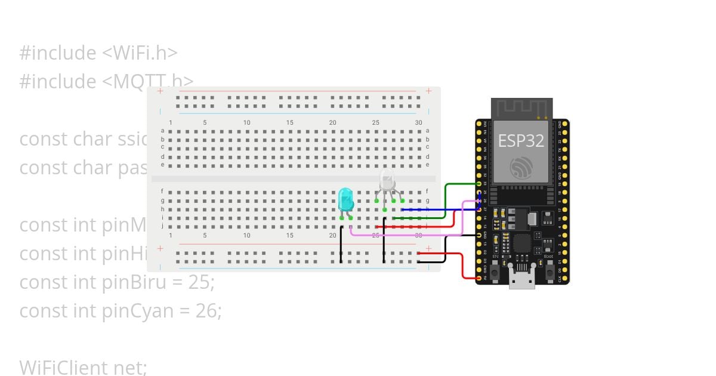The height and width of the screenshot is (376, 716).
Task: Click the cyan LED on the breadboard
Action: coord(345,199)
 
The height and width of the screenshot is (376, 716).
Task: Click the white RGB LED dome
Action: coord(387,179)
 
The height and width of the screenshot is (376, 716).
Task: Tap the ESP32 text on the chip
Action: coord(521,140)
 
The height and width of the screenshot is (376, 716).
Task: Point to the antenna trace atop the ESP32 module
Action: coord(521,108)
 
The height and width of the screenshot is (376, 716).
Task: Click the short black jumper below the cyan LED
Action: coord(341,245)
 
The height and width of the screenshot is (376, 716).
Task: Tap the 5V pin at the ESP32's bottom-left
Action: coord(479,278)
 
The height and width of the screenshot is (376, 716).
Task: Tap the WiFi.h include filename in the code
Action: coord(140,53)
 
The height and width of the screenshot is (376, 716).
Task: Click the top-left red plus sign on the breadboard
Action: coord(160,91)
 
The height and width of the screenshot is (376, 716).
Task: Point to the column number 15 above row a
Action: coord(289,123)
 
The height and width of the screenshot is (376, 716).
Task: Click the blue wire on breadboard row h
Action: coord(430,209)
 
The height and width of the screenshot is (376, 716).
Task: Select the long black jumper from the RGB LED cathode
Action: coord(384,242)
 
